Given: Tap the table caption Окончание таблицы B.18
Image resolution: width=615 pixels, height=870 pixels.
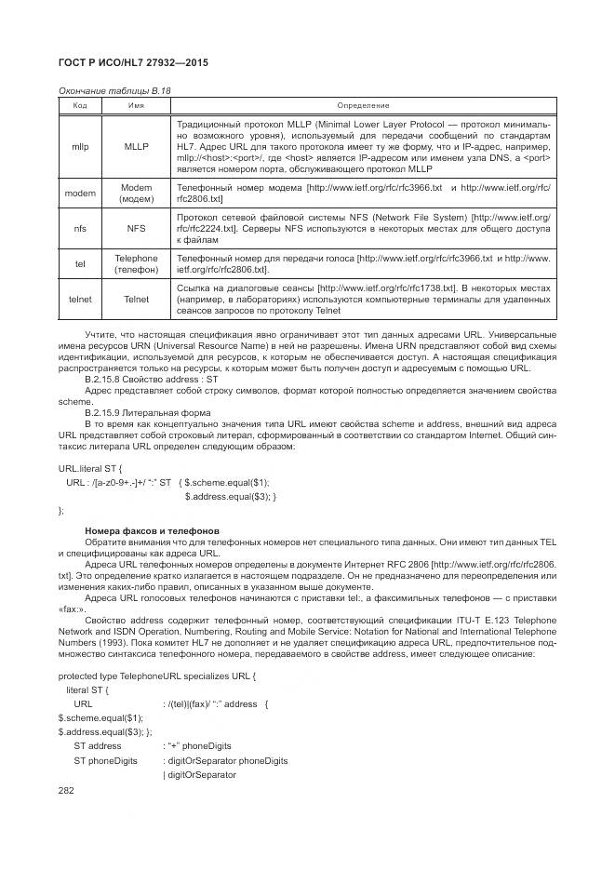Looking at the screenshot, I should [x=114, y=90].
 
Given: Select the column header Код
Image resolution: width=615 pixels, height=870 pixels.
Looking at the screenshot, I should [x=80, y=106].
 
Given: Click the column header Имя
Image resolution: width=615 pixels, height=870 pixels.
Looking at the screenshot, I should [x=136, y=106].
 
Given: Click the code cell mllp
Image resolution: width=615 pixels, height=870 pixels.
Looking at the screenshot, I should [x=80, y=146].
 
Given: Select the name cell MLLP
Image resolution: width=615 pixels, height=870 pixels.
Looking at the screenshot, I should [x=136, y=146].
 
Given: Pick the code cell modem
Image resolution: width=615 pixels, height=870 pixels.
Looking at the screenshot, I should [x=80, y=194].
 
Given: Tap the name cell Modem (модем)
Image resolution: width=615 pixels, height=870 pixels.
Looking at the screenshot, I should [x=136, y=194].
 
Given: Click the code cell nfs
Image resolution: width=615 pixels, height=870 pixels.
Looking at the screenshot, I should [x=80, y=228].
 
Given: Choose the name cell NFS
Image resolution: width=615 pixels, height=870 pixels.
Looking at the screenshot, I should [x=136, y=228].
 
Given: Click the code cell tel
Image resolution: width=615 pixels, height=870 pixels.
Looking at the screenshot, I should [x=80, y=263].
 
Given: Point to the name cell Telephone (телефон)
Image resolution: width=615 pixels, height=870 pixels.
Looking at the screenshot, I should [x=136, y=263].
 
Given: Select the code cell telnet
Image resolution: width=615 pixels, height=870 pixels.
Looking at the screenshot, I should [x=80, y=301].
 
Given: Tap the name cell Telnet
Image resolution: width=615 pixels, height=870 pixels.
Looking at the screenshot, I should [x=136, y=301].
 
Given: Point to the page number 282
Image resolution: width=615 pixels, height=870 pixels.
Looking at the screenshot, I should [x=66, y=790].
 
